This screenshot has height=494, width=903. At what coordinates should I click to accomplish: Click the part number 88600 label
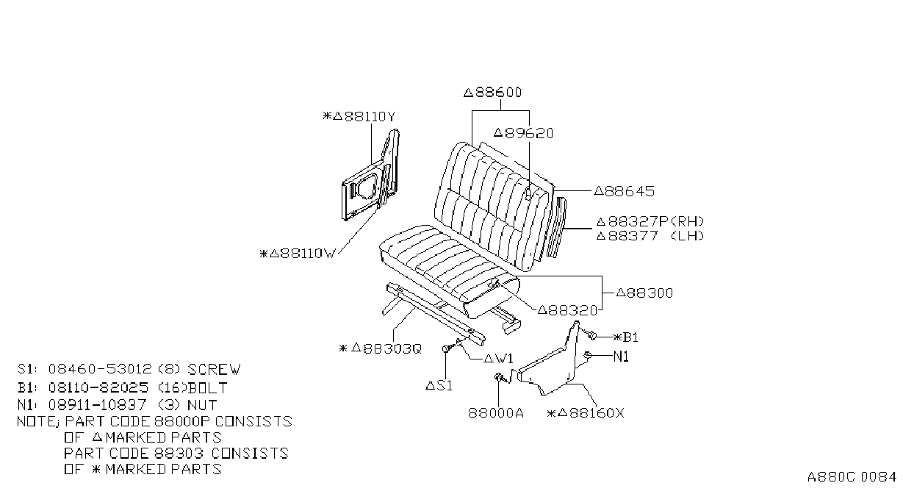pos(492,93)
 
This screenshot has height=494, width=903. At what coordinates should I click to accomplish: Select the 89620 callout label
pos(524,133)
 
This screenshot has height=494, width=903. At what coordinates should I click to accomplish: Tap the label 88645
pos(625,191)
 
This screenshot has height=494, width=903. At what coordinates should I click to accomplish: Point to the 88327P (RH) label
pos(650,222)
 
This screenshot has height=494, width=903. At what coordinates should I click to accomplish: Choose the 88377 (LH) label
pos(650,236)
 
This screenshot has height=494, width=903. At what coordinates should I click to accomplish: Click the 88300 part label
pos(644,293)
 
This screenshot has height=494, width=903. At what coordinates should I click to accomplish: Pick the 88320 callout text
pos(568,310)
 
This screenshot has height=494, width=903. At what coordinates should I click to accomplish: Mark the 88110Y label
pos(359,117)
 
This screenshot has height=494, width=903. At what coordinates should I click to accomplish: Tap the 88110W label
pos(298,254)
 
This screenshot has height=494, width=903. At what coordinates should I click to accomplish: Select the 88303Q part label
pos(381,348)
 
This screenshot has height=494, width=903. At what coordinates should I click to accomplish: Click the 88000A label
pos(496,413)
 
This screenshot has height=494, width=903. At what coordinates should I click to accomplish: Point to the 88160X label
pos(586,413)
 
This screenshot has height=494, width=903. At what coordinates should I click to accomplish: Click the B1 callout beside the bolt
pos(626,337)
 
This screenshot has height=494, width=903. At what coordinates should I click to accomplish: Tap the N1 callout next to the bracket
pos(621,357)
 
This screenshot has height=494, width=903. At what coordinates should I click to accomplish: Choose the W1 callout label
pos(498,359)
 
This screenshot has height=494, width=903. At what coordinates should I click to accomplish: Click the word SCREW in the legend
pos(214,369)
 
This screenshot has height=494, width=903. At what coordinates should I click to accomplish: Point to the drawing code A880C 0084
pos(852,477)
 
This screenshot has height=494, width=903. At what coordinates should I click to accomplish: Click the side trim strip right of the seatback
pos(557,227)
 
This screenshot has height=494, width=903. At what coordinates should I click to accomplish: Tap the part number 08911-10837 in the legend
pos(97,404)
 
